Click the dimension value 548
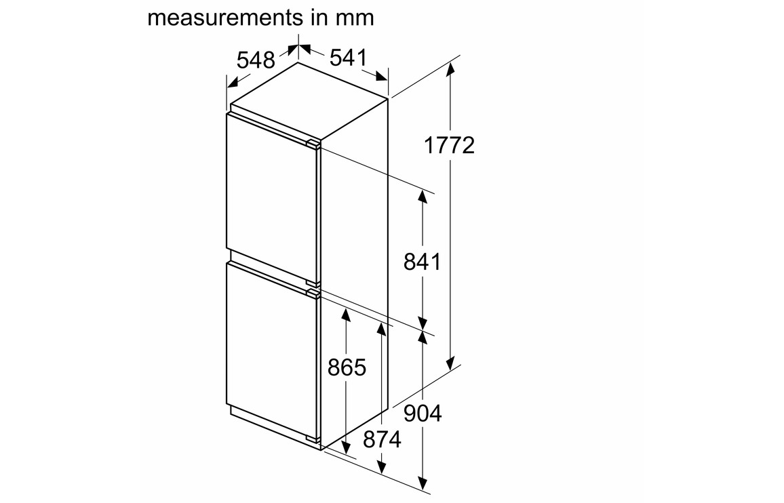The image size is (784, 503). (x=256, y=60)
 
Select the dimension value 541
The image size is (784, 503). (x=349, y=58)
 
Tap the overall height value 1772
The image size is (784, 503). (x=449, y=146)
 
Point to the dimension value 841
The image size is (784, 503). (x=423, y=262)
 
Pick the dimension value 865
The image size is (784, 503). (x=347, y=367)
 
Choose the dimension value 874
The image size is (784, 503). (x=383, y=439)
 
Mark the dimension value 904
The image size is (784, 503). (x=423, y=414)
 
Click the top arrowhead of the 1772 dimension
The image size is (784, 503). (x=451, y=71)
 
